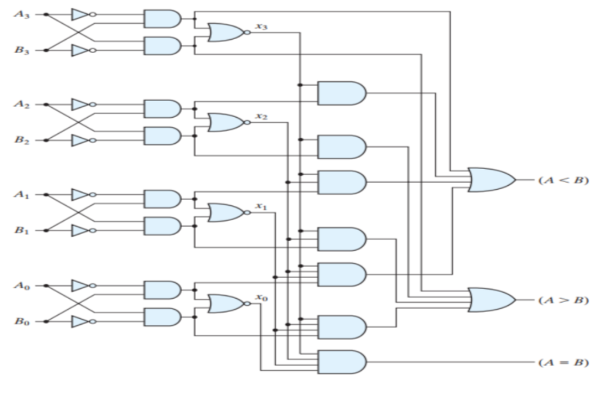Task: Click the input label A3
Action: click(22, 14)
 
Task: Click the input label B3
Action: click(22, 50)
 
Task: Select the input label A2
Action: click(22, 104)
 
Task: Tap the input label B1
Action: click(22, 231)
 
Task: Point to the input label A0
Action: click(22, 284)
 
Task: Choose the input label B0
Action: click(22, 321)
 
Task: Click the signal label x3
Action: click(260, 27)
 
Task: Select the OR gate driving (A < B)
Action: click(491, 181)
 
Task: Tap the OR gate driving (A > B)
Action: click(491, 300)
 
